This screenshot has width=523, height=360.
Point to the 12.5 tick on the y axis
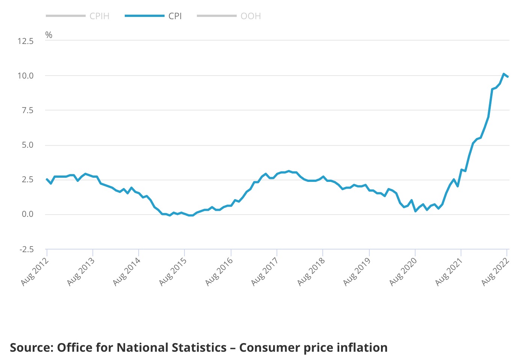[26, 41]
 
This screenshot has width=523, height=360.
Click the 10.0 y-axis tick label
[26, 76]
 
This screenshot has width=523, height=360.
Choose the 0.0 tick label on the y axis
[27, 214]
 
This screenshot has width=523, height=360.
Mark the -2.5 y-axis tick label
[26, 249]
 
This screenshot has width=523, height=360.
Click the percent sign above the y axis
[49, 35]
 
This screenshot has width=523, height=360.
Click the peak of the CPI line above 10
[503, 74]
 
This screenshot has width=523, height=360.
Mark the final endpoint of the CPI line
[508, 77]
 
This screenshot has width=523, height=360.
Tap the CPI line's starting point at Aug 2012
[47, 179]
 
